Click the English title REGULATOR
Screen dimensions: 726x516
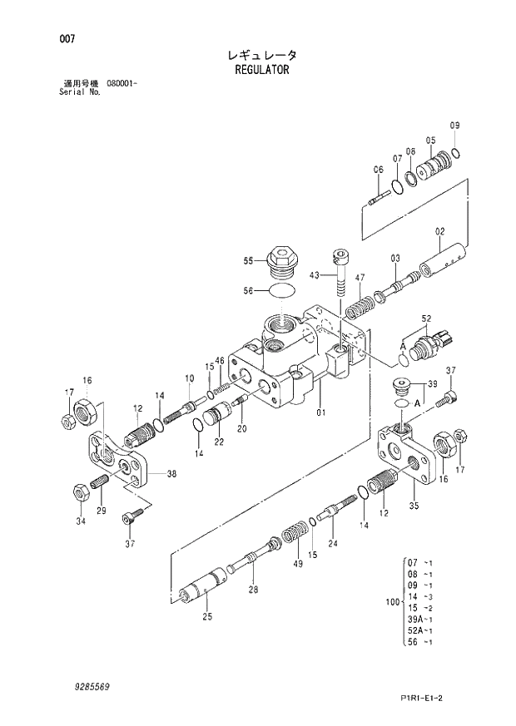[262, 71]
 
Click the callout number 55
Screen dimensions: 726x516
[248, 261]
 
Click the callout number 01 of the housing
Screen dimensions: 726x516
[322, 410]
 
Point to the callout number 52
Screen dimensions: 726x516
[426, 319]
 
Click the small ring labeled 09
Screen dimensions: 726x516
[456, 154]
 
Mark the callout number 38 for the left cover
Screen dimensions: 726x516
[171, 474]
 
